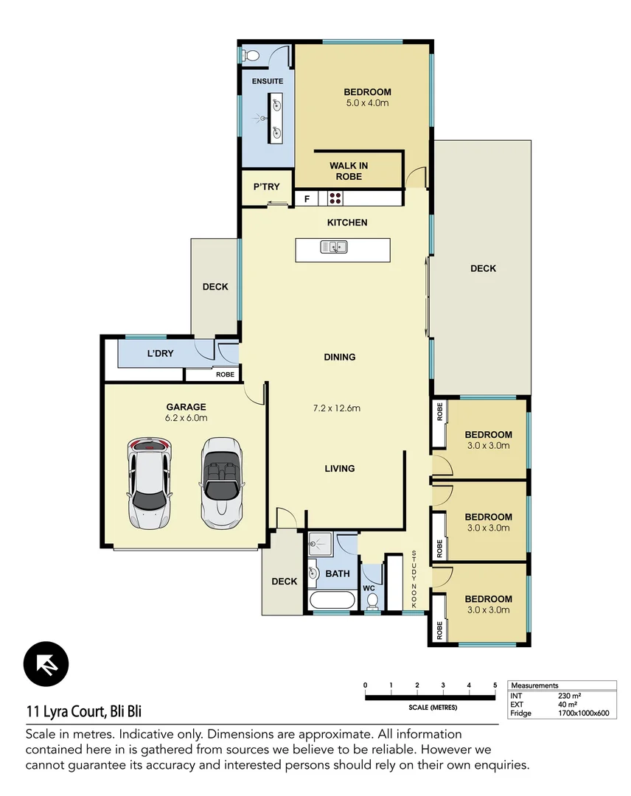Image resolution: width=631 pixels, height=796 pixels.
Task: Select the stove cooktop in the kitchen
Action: [335, 198]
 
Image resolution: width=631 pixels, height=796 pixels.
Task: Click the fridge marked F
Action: [306, 198]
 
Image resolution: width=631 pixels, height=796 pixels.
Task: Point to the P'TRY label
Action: [266, 187]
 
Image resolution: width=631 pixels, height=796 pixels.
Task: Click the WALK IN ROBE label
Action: [349, 171]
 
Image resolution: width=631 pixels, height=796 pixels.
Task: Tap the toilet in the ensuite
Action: [251, 55]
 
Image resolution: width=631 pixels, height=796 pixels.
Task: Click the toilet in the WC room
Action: [373, 602]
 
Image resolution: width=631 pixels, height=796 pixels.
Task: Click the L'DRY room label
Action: [160, 354]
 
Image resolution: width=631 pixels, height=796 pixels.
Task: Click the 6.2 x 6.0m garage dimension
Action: [186, 418]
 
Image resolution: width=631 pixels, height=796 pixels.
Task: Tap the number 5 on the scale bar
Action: [495, 685]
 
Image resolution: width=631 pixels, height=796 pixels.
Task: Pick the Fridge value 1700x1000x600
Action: [583, 713]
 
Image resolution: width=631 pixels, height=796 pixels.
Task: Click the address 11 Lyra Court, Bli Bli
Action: [84, 712]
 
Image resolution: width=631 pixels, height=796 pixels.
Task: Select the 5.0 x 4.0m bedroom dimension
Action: [367, 103]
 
